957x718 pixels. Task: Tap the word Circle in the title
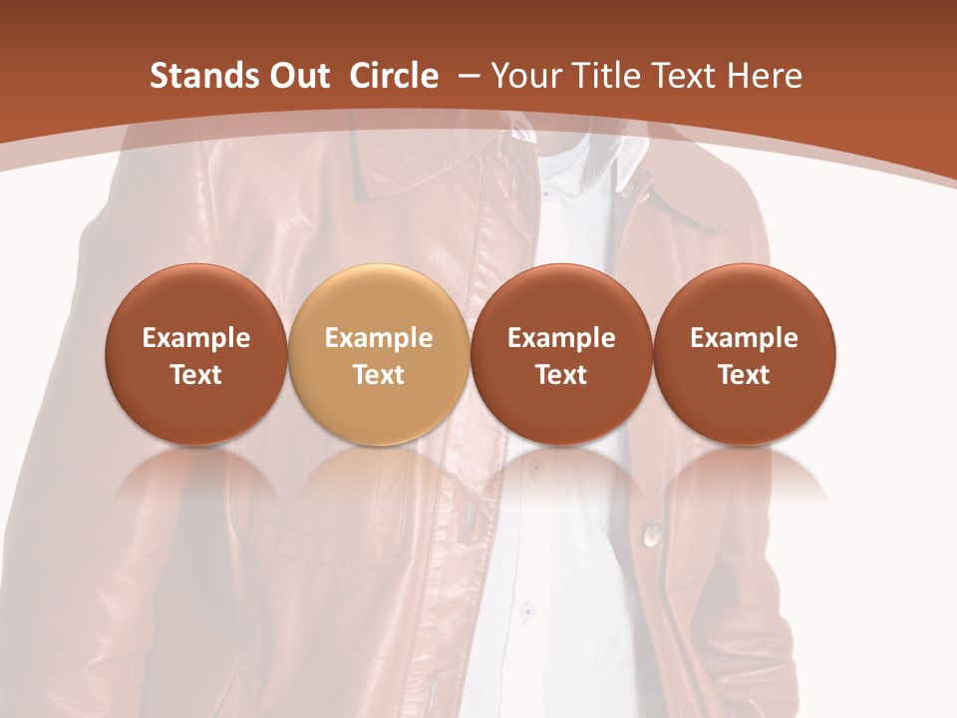394,76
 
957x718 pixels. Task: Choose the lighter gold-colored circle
378,354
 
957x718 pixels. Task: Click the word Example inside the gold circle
379,338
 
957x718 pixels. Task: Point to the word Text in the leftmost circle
195,375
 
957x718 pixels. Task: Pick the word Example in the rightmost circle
744,338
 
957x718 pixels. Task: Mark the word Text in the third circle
561,375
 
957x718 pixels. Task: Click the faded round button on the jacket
653,536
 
